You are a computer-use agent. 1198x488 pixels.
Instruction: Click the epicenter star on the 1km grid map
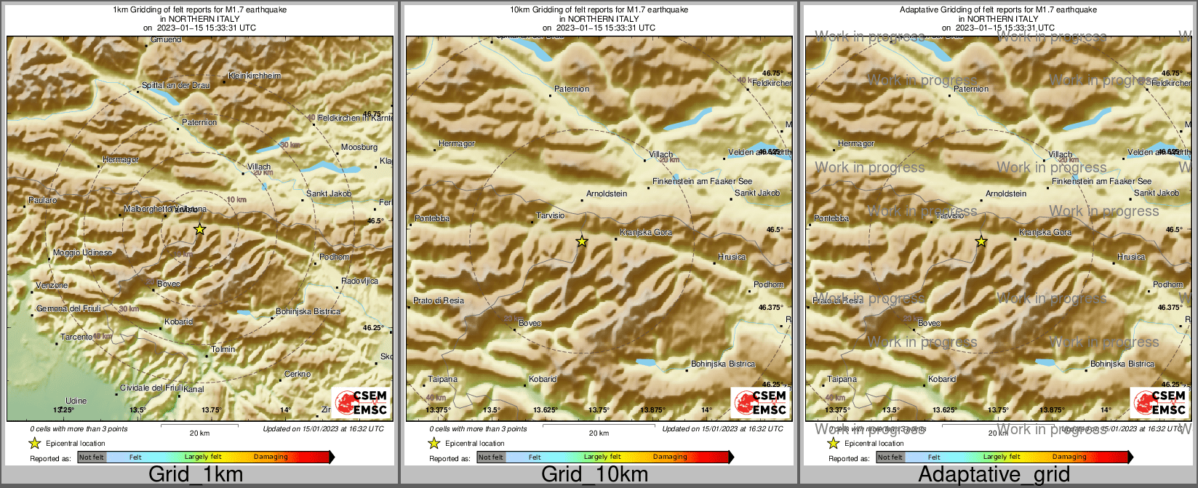[x=200, y=229]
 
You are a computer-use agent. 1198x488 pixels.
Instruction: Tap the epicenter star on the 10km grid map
[x=581, y=241]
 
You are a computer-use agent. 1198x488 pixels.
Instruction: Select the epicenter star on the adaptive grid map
[x=981, y=241]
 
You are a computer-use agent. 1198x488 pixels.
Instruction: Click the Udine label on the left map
[x=76, y=401]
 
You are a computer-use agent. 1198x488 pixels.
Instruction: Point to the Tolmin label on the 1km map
[x=223, y=349]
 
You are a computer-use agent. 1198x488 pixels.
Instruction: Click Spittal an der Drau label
[x=175, y=85]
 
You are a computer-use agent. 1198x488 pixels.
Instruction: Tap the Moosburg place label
[x=359, y=147]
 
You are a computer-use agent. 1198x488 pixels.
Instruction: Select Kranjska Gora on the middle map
[x=645, y=232]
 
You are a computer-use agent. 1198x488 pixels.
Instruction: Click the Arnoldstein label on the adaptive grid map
[x=1005, y=193]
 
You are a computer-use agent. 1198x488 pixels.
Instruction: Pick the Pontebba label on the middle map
[x=431, y=218]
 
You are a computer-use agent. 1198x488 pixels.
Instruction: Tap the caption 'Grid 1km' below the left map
[x=196, y=474]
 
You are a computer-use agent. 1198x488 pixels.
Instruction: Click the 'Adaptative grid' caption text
[x=994, y=474]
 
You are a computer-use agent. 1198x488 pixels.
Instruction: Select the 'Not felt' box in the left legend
[x=92, y=457]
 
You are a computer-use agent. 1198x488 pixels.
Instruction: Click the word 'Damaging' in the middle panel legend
[x=670, y=457]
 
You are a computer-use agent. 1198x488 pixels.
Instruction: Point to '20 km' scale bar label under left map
[x=199, y=433]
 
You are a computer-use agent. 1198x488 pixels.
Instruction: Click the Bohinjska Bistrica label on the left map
[x=308, y=311]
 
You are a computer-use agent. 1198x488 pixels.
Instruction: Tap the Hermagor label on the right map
[x=855, y=143]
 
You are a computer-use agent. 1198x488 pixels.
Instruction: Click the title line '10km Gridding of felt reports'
[x=599, y=10]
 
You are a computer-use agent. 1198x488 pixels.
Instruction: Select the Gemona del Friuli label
[x=68, y=309]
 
